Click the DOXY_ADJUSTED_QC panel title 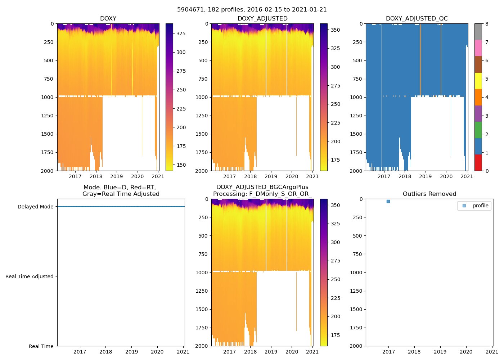coord(417,19)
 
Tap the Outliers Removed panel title coord(429,194)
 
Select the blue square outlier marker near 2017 coord(388,202)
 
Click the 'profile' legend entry coord(480,206)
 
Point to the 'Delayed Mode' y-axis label coord(35,207)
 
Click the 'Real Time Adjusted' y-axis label coord(29,276)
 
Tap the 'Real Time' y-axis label coord(41,346)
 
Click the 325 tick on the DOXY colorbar coord(181,33)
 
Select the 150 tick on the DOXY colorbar coord(181,165)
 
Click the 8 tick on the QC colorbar coord(487,24)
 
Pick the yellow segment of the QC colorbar coord(478,81)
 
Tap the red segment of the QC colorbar coord(478,162)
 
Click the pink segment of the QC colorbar coord(478,48)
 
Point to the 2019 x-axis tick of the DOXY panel coord(116,176)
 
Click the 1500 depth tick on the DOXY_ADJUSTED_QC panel coord(357,134)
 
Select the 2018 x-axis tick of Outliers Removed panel coord(414,352)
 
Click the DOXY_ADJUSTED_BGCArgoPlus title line coord(262,187)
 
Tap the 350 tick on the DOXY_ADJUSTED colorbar coord(335,30)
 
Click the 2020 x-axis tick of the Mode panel coord(157,352)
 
